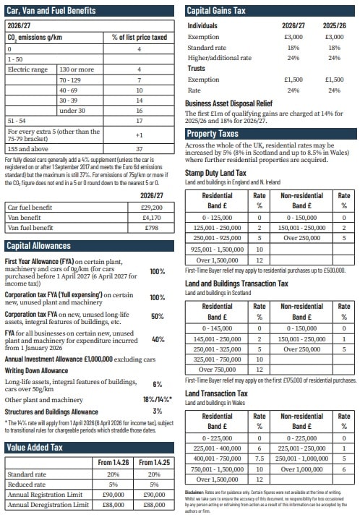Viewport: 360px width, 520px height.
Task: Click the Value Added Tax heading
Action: pos(37,448)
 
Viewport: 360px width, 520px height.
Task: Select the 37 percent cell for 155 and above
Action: pos(140,148)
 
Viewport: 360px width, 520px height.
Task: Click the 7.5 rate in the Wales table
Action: pos(259,458)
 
